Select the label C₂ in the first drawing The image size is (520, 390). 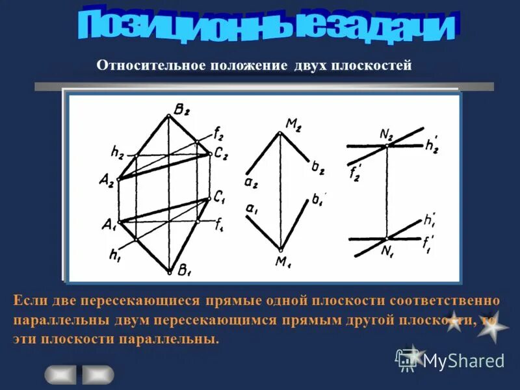tap(221, 153)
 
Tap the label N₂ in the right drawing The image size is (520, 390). tap(387, 135)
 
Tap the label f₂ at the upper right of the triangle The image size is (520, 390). tap(219, 135)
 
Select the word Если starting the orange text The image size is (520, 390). tap(29, 302)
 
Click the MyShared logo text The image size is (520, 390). tap(463, 360)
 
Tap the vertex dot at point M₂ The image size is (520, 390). tap(280, 133)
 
